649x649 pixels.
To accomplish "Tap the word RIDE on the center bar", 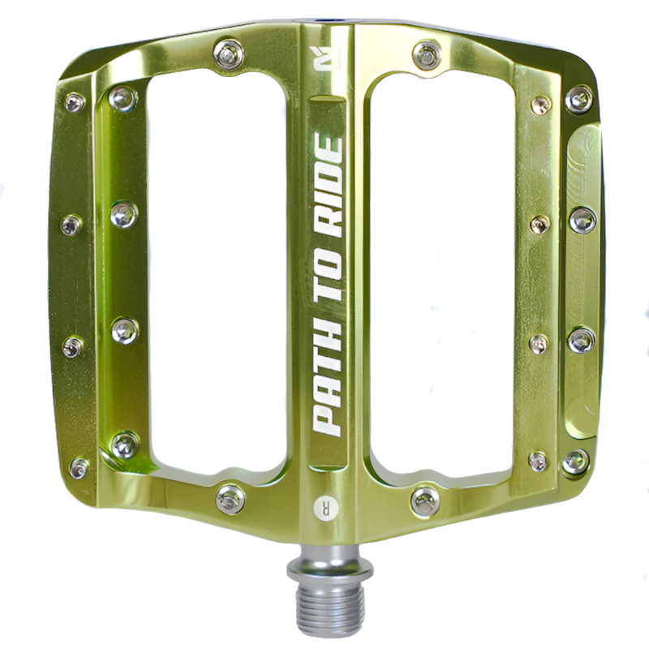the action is click(329, 187).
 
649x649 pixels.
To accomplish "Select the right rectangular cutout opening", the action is click(441, 273).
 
